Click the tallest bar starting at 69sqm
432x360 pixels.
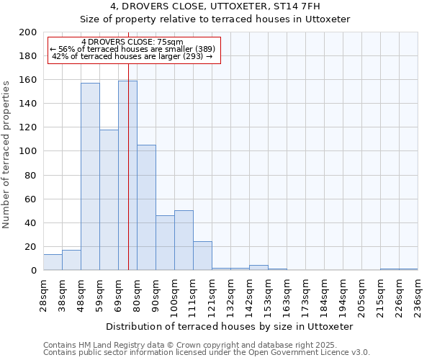click(x=127, y=176)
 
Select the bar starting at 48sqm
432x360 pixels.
click(x=90, y=176)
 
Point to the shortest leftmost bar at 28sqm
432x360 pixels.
click(x=53, y=262)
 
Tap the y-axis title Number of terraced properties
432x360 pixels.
click(x=6, y=154)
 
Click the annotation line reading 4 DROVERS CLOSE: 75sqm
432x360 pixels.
click(x=132, y=42)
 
